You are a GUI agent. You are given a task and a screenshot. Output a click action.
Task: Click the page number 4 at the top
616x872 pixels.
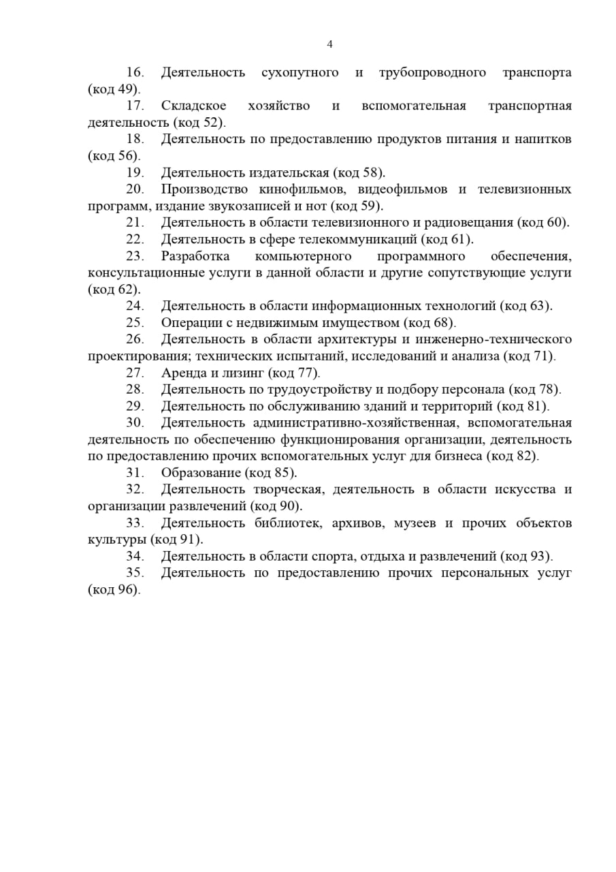pyautogui.click(x=330, y=45)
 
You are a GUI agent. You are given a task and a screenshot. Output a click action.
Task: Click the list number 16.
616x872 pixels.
pyautogui.click(x=135, y=73)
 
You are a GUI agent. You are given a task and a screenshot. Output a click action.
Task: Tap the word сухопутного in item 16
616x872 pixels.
pyautogui.click(x=299, y=73)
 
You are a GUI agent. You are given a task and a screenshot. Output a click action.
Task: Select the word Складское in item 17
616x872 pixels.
pyautogui.click(x=188, y=106)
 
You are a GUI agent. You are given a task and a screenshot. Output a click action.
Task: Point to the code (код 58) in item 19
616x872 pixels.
pyautogui.click(x=359, y=172)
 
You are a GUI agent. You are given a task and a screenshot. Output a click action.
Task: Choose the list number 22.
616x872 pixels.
pyautogui.click(x=135, y=239)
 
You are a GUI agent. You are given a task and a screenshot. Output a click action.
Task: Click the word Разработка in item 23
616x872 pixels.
pyautogui.click(x=195, y=256)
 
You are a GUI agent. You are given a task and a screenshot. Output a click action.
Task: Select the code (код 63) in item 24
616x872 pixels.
pyautogui.click(x=526, y=306)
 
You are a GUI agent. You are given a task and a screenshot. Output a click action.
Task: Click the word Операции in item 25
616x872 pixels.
pyautogui.click(x=188, y=323)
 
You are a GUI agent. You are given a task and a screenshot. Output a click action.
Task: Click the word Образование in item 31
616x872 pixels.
pyautogui.click(x=201, y=473)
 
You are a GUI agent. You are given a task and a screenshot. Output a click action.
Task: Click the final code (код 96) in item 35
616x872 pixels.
pyautogui.click(x=114, y=590)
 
